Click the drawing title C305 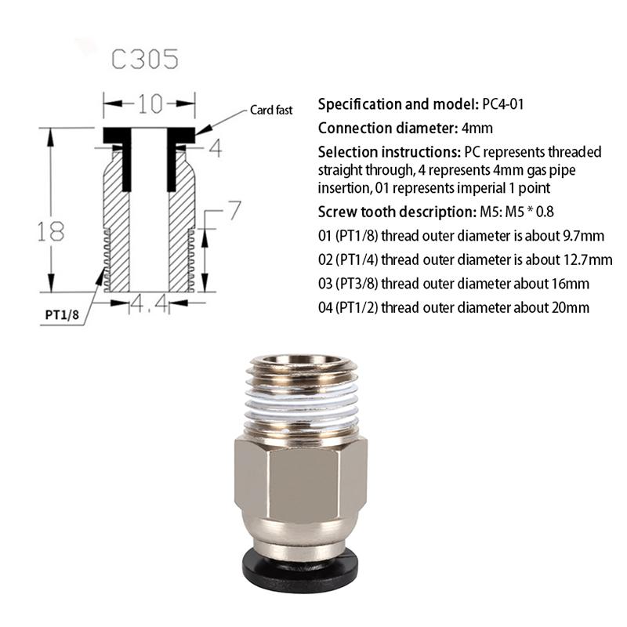[x=144, y=60]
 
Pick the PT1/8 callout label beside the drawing [x=63, y=315]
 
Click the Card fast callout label [x=271, y=111]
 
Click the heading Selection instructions [x=390, y=151]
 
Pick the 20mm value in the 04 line [x=571, y=307]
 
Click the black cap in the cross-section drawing [x=148, y=134]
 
